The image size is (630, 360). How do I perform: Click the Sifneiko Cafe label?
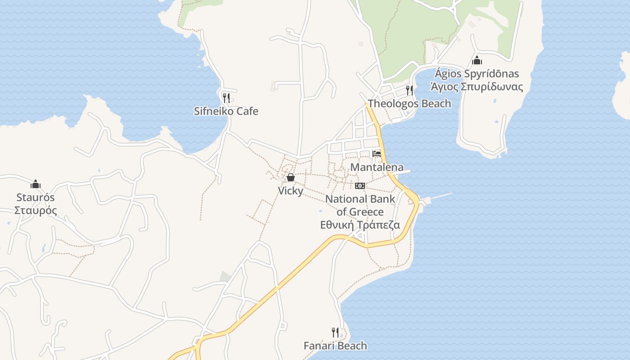[x=226, y=111]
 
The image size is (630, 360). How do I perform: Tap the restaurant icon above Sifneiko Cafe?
[x=226, y=98]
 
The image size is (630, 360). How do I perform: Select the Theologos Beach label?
[x=409, y=103]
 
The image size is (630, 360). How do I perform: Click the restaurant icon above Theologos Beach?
[x=409, y=90]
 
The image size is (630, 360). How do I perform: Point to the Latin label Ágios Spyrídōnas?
[x=477, y=74]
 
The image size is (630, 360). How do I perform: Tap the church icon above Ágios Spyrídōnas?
[x=477, y=60]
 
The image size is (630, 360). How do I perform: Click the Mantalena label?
[x=377, y=167]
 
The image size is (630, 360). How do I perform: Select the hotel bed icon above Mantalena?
[x=377, y=154]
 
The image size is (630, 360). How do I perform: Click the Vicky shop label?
[x=290, y=191]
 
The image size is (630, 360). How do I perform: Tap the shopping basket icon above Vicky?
[x=291, y=178]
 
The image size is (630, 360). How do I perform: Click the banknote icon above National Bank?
[x=360, y=185]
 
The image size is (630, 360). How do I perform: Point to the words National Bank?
[x=360, y=199]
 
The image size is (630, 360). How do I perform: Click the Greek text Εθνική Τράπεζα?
[x=360, y=225]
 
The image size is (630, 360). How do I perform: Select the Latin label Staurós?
[x=36, y=198]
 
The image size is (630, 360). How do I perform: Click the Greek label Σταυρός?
[x=36, y=211]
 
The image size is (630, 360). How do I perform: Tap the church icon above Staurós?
[x=36, y=184]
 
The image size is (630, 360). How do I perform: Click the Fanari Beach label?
[x=335, y=346]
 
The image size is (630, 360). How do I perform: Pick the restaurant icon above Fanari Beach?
[x=335, y=333]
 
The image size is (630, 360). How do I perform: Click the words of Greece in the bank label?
[x=360, y=212]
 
